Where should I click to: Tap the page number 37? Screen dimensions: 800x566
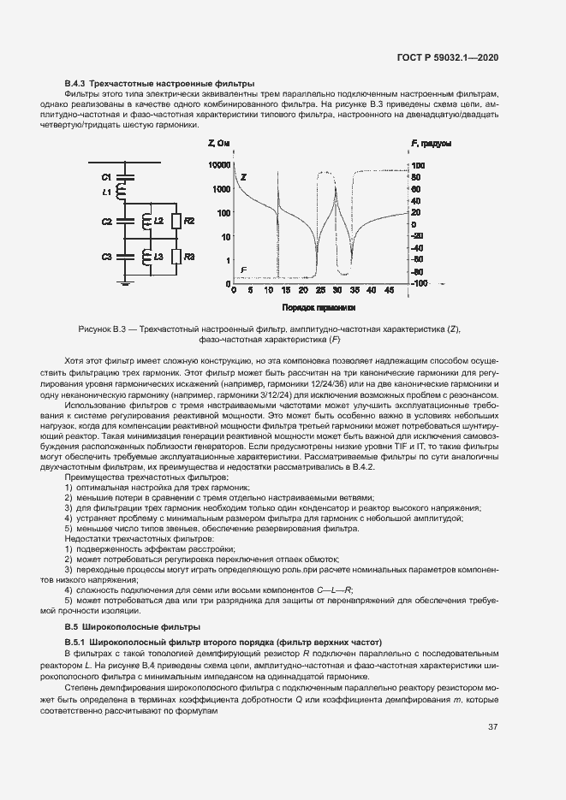[492, 727]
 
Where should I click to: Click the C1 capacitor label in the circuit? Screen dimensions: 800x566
[107, 176]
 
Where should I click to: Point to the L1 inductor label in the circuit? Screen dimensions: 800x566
[107, 193]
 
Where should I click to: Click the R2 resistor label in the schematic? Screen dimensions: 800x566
[189, 222]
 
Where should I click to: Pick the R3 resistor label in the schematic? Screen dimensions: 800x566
[189, 257]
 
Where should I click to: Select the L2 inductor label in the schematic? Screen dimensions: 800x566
[158, 222]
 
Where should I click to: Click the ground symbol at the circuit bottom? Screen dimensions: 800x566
[125, 284]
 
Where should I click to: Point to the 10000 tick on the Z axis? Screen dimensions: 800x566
[219, 164]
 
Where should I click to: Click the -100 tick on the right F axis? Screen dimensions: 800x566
[417, 283]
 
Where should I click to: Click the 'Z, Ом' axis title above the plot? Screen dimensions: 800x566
[220, 143]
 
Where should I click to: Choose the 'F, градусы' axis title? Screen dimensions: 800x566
[432, 143]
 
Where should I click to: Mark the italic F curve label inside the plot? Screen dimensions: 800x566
[244, 270]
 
